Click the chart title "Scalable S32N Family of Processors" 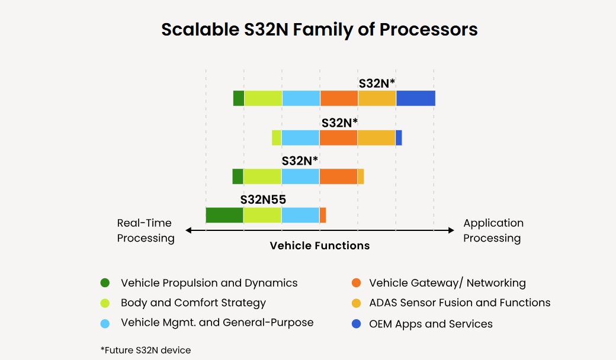pyautogui.click(x=319, y=30)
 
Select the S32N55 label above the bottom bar pyautogui.click(x=263, y=200)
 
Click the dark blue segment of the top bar pyautogui.click(x=415, y=98)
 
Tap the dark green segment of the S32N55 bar pyautogui.click(x=224, y=215)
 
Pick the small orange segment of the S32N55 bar pyautogui.click(x=323, y=215)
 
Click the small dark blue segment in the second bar pyautogui.click(x=399, y=137)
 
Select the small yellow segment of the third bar pyautogui.click(x=361, y=176)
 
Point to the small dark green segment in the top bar pyautogui.click(x=239, y=98)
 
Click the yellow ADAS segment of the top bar pyautogui.click(x=377, y=98)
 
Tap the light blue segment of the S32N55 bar pyautogui.click(x=300, y=215)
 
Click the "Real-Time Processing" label pyautogui.click(x=145, y=230)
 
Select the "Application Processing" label pyautogui.click(x=493, y=230)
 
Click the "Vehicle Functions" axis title pyautogui.click(x=319, y=246)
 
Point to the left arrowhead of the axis pyautogui.click(x=188, y=230)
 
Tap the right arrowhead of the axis pyautogui.click(x=451, y=230)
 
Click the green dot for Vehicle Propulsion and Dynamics pyautogui.click(x=105, y=283)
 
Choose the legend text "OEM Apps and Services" pyautogui.click(x=431, y=324)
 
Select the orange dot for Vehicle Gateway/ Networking pyautogui.click(x=355, y=283)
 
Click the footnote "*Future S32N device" pyautogui.click(x=146, y=350)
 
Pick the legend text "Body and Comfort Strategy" pyautogui.click(x=193, y=303)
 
